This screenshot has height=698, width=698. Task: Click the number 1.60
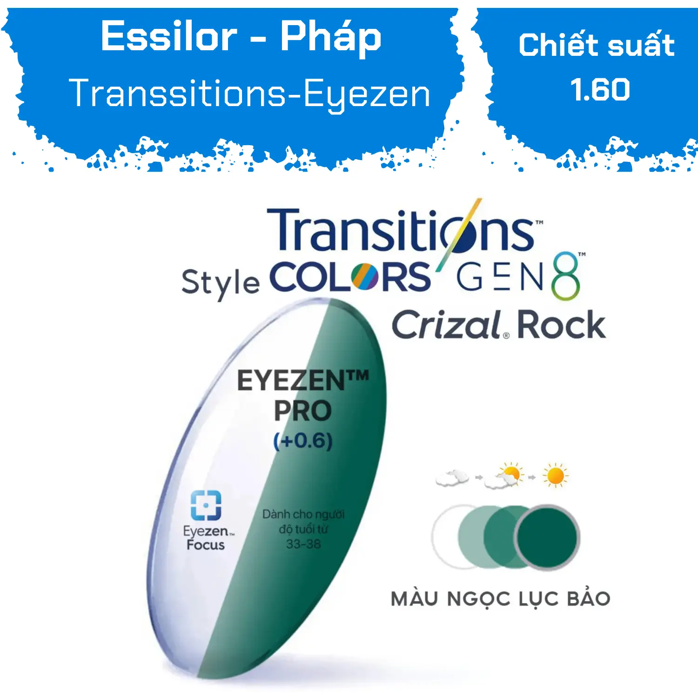(600, 89)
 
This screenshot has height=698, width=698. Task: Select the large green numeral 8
(565, 276)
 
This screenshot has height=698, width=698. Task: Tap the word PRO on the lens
(302, 410)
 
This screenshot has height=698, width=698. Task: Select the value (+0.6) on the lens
(303, 441)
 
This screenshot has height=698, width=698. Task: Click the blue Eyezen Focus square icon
(206, 505)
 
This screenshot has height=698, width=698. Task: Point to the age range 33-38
(303, 544)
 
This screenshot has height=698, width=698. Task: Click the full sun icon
(555, 476)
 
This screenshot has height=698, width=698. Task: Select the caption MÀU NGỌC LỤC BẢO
(501, 599)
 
